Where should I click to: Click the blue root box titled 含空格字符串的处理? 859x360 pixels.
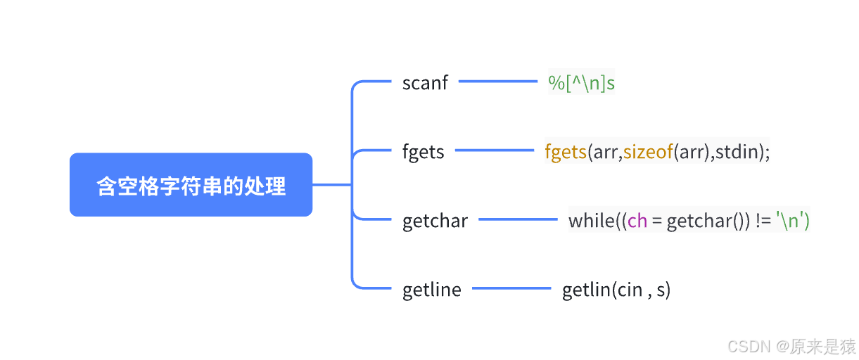click(191, 185)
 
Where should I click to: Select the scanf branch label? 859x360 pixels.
click(425, 83)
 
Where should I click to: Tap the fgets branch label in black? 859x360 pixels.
click(423, 152)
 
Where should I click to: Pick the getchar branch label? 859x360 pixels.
click(435, 221)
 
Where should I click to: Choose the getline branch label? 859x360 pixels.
click(432, 290)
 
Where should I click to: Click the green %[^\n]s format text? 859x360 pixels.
click(581, 83)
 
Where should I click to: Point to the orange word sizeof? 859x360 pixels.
click(648, 152)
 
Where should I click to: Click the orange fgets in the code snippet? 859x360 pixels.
click(566, 152)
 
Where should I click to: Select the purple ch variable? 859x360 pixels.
click(637, 221)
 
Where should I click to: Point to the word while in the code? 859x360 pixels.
click(592, 221)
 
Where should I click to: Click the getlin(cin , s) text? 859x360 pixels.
click(616, 290)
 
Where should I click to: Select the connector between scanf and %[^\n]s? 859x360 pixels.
click(498, 82)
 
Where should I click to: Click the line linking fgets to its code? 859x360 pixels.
click(495, 150)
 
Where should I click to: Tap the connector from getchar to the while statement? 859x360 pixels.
click(518, 219)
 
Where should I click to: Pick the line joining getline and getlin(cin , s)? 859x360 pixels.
click(511, 288)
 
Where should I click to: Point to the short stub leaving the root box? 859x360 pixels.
click(332, 185)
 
